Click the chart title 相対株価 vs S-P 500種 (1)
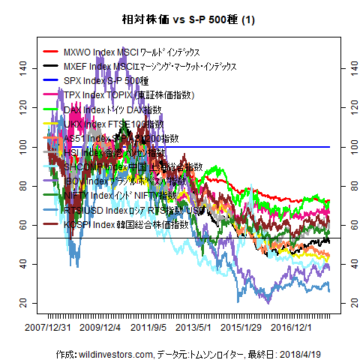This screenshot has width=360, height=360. (x=180, y=19)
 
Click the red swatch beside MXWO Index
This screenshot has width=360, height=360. (x=52, y=52)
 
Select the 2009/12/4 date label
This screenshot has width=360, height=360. (x=100, y=328)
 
